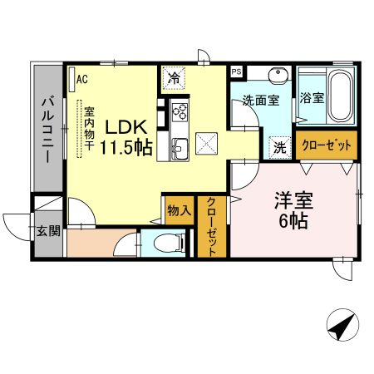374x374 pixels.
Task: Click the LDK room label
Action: click(126, 127)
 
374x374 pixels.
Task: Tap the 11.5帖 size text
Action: click(126, 148)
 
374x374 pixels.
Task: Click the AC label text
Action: click(82, 79)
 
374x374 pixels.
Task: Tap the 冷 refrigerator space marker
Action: click(174, 78)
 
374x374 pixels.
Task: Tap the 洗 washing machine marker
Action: click(280, 148)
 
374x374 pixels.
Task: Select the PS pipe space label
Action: click(237, 72)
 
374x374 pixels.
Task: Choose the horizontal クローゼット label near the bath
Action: click(327, 145)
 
